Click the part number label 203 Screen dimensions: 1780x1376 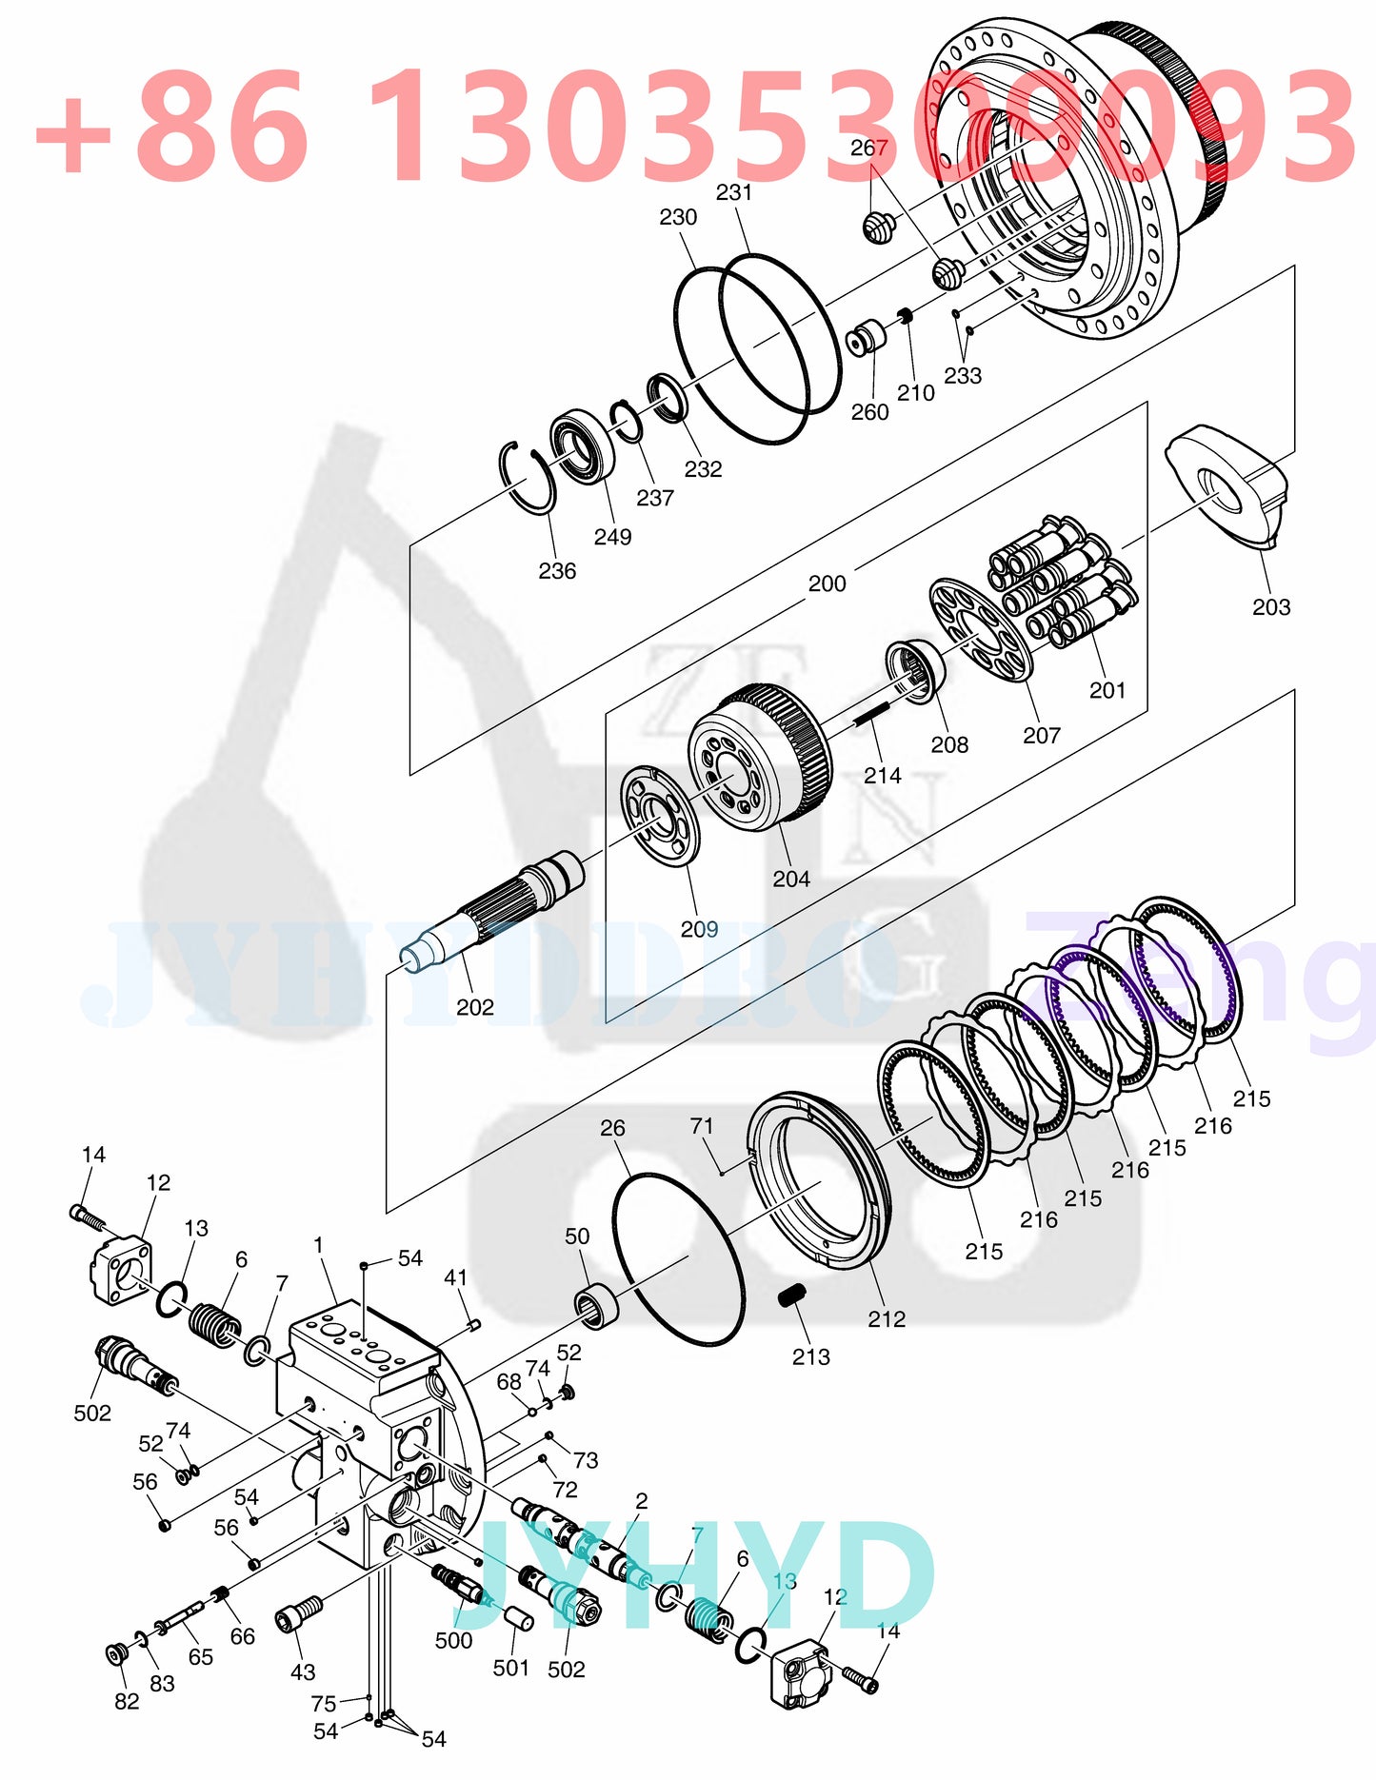[1270, 607]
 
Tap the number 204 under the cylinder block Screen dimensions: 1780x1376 [790, 879]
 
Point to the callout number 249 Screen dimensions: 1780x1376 [612, 537]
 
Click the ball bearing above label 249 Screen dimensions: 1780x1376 [582, 445]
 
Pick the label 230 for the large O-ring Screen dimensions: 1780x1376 [677, 217]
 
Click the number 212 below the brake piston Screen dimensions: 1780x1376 [886, 1318]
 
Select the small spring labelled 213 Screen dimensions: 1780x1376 [792, 1295]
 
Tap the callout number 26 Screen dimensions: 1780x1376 [612, 1128]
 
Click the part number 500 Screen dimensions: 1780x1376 [453, 1640]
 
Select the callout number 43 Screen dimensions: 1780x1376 [303, 1671]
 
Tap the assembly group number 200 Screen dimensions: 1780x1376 [827, 583]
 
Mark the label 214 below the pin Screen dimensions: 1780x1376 [882, 776]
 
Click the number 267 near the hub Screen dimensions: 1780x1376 [868, 148]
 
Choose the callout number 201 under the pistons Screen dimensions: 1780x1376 [1107, 690]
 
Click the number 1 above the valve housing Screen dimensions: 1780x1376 [318, 1245]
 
